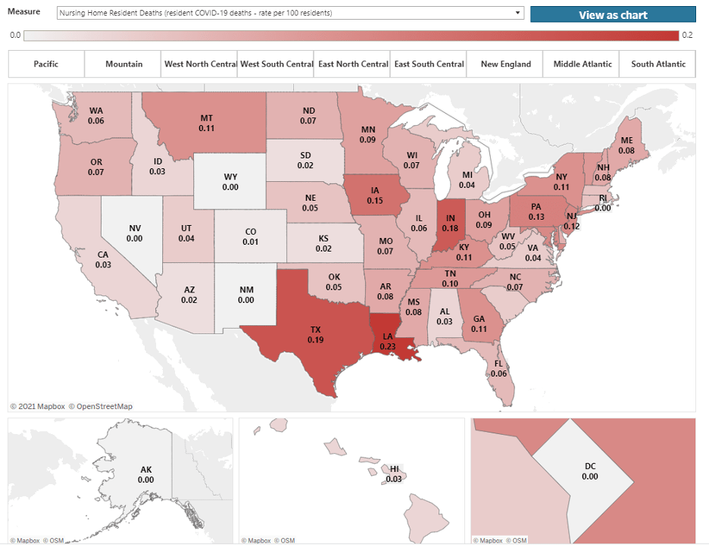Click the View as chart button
point(613,14)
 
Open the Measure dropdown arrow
point(518,13)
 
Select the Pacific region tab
point(46,64)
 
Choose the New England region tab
point(506,64)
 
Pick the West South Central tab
point(276,64)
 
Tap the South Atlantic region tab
point(658,64)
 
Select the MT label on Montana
point(207,118)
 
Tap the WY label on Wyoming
point(230,177)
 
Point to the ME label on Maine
point(626,140)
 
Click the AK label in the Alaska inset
point(146,470)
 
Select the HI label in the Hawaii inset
point(394,469)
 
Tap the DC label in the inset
point(590,467)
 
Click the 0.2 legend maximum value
point(687,36)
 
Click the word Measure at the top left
point(23,12)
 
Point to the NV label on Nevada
point(135,227)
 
